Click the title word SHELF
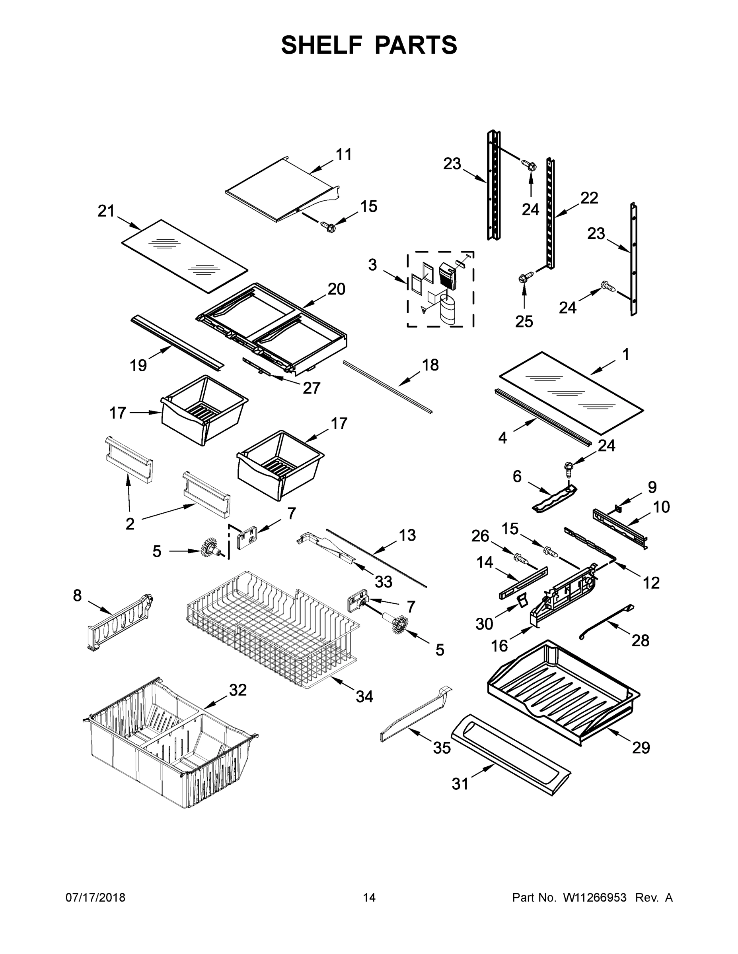click(322, 45)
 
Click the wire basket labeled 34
click(271, 629)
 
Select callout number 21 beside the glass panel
click(106, 211)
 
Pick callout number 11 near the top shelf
click(344, 154)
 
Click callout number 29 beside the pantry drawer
click(641, 747)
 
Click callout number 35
click(442, 748)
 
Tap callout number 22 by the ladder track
click(589, 198)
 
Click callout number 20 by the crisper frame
click(336, 289)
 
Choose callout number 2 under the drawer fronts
click(130, 524)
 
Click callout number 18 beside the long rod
click(430, 365)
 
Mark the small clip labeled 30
click(520, 601)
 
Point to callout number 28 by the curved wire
click(641, 640)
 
